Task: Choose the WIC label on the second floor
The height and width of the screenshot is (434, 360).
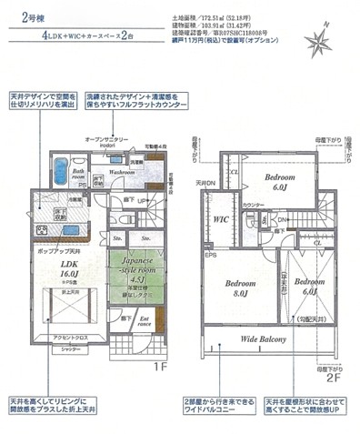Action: [x=221, y=219]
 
